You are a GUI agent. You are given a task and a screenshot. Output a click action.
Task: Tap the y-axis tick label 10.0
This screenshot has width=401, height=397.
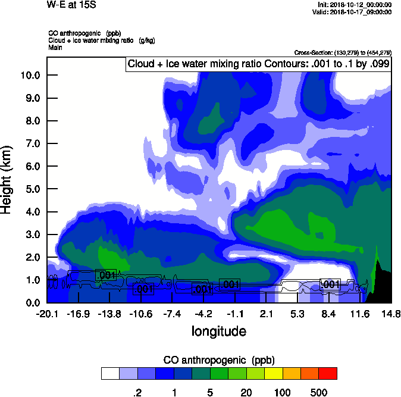[29, 76]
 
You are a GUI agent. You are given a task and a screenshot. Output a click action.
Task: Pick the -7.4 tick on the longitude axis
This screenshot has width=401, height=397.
[172, 314]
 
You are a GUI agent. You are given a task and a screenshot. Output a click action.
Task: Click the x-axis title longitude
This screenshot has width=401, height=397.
[218, 330]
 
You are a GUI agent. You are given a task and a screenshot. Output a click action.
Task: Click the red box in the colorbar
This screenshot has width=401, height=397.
[328, 374]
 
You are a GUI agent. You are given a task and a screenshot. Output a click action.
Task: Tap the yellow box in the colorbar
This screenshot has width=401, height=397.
[274, 374]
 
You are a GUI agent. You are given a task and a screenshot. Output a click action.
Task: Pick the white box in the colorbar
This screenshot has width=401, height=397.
[111, 374]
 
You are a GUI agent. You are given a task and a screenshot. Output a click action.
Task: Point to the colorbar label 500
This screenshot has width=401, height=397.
[319, 392]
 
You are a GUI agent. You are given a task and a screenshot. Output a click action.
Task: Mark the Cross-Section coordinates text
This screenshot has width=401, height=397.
[343, 53]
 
